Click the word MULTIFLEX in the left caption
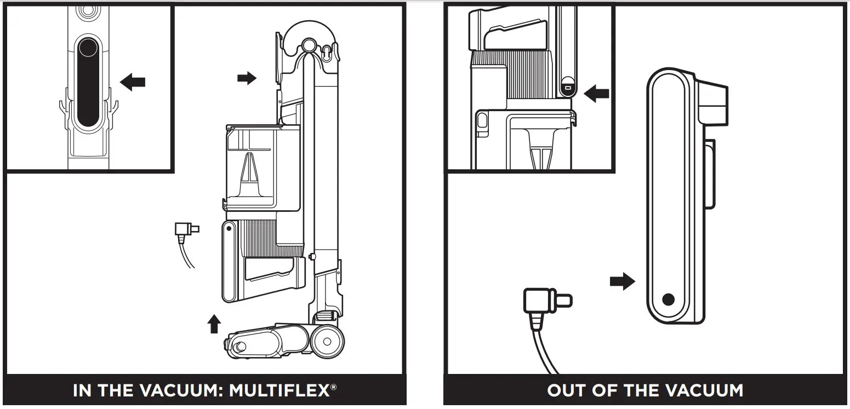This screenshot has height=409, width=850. coord(279,391)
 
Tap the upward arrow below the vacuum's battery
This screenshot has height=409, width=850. coord(214,324)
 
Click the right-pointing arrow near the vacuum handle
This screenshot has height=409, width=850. coord(247,78)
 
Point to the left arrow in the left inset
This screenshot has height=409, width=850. coord(133,83)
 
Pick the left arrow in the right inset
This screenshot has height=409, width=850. coord(596,94)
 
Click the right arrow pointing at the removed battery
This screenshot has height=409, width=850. coord(622,282)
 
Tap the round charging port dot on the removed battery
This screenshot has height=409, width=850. coord(668,299)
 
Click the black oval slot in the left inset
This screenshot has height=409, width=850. coord(88,82)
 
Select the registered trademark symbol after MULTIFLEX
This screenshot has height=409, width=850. coord(334,387)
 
